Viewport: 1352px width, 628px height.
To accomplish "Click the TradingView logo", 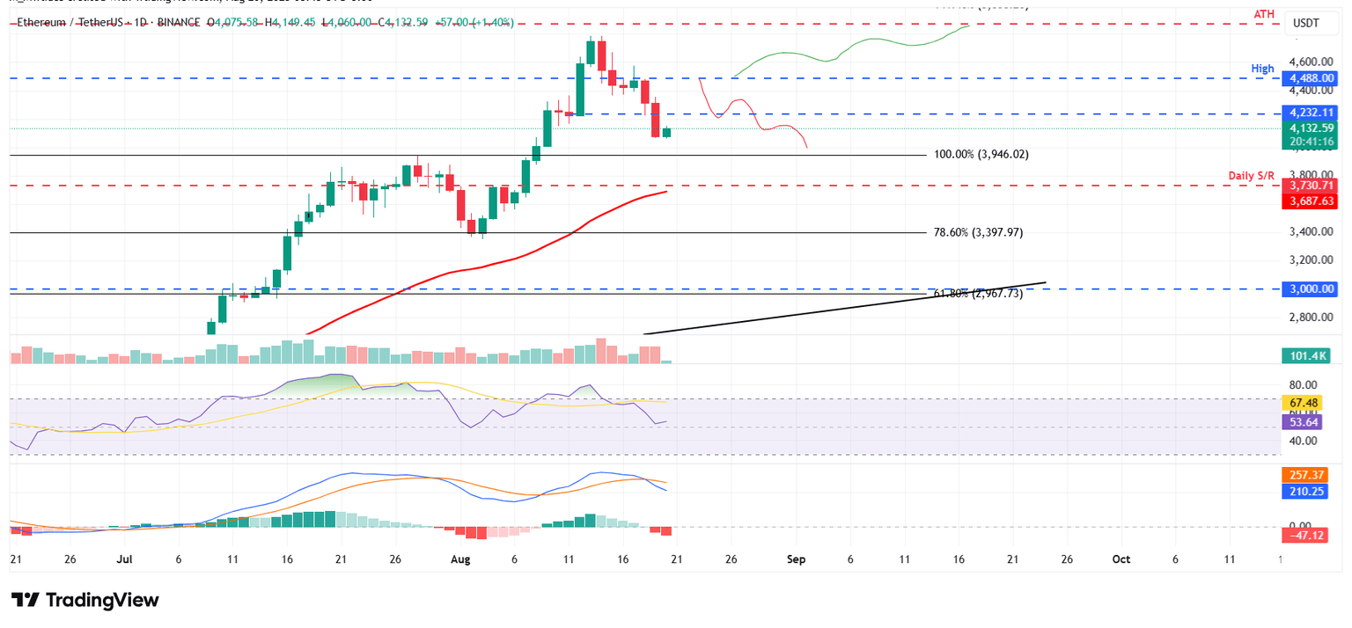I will tap(85, 600).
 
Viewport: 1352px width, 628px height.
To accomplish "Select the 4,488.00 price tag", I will tap(1312, 78).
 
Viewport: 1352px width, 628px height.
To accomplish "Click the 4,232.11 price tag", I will tap(1312, 113).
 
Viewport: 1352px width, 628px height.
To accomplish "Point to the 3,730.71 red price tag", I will tap(1312, 186).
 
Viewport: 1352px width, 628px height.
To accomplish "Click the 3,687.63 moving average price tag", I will tap(1312, 201).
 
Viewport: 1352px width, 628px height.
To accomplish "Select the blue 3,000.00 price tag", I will tap(1312, 288).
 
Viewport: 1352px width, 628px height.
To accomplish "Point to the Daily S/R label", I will tap(1252, 177).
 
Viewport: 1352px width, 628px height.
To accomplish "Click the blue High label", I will tap(1264, 69).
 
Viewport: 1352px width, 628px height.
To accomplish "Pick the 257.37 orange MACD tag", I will tap(1307, 474).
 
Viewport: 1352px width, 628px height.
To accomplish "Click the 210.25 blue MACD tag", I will tap(1307, 491).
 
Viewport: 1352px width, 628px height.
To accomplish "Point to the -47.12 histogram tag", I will tap(1307, 533).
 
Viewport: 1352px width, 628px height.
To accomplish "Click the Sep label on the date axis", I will tap(796, 559).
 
